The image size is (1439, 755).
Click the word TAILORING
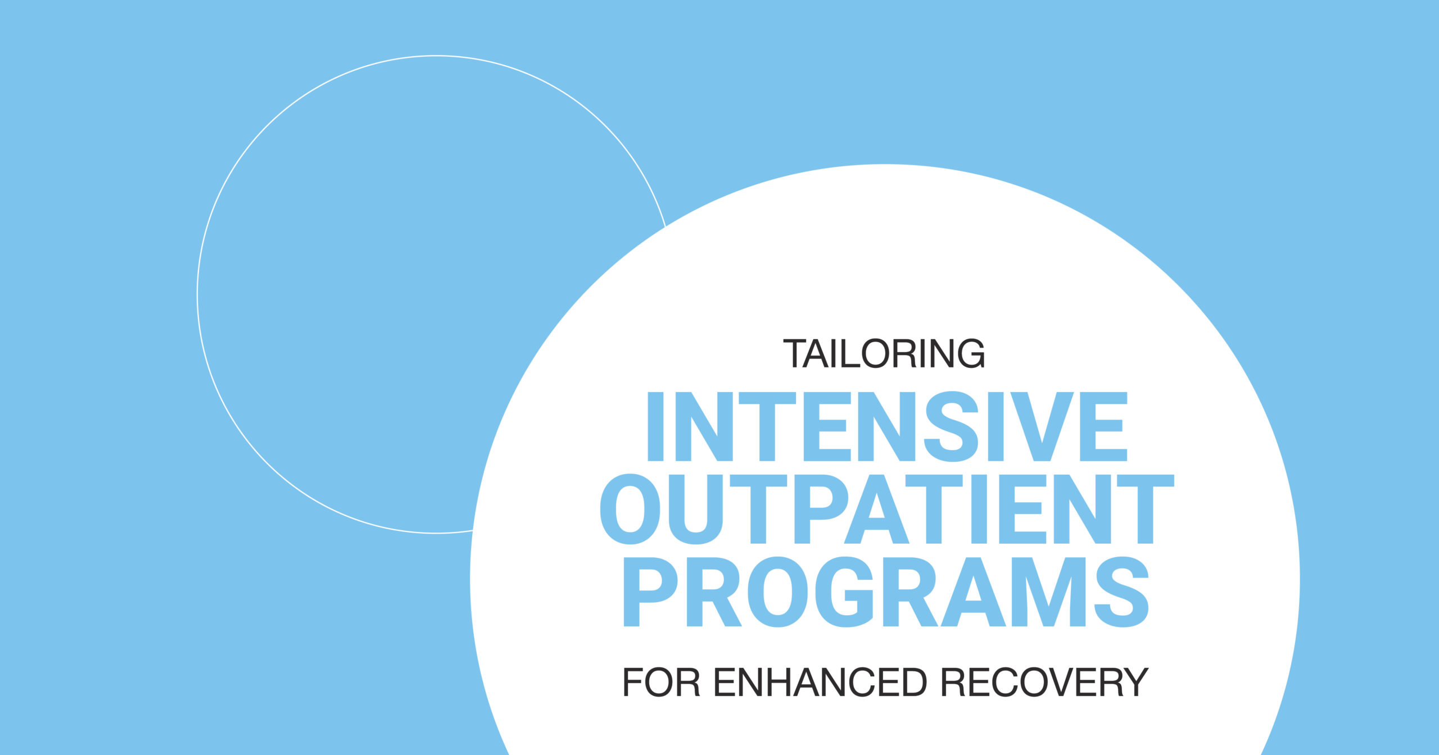click(884, 354)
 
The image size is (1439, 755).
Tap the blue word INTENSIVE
click(888, 426)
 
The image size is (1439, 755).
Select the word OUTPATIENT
click(887, 509)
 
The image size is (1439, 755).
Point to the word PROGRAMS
click(886, 592)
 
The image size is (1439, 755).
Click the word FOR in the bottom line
click(662, 682)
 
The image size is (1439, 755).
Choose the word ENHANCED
click(821, 682)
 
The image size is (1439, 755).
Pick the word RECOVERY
click(1045, 682)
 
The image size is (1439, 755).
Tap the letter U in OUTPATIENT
click(696, 510)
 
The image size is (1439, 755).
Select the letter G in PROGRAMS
click(845, 592)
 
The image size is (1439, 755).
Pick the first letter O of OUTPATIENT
click(630, 509)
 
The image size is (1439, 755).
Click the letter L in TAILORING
click(845, 354)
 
